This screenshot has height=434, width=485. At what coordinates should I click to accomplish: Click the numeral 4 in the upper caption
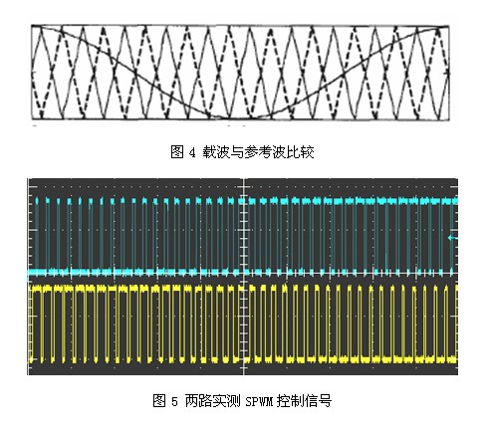pyautogui.click(x=192, y=153)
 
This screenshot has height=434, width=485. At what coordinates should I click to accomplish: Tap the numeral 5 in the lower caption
pyautogui.click(x=174, y=401)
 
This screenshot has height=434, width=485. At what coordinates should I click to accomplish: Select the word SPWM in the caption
pyautogui.click(x=259, y=401)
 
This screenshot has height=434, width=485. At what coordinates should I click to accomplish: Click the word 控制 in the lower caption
pyautogui.click(x=290, y=401)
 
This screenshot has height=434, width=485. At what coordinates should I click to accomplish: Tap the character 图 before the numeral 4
pyautogui.click(x=177, y=152)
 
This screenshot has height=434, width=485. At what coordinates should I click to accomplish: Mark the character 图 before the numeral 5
pyautogui.click(x=159, y=401)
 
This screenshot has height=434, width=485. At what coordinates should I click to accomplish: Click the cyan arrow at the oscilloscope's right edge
pyautogui.click(x=453, y=238)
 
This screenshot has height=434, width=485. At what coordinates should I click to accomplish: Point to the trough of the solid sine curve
pyautogui.click(x=238, y=117)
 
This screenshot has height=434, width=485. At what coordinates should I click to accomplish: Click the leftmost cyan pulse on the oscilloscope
pyautogui.click(x=37, y=236)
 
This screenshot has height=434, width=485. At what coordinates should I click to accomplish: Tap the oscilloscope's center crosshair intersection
pyautogui.click(x=244, y=273)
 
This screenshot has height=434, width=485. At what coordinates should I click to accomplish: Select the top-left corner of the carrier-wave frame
pyautogui.click(x=32, y=25)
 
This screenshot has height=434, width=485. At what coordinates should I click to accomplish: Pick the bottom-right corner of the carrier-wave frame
pyautogui.click(x=449, y=119)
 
